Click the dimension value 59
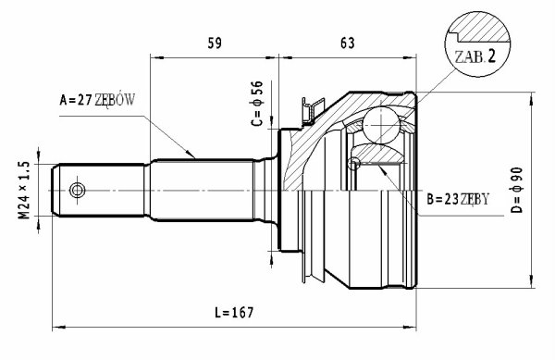point(215,43)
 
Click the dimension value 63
point(347,43)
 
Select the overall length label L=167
point(234,312)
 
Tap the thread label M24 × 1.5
point(24,190)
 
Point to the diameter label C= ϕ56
point(257,104)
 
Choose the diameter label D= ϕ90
point(516,190)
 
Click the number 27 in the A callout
point(85,100)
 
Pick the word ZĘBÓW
point(115,100)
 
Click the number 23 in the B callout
point(451,200)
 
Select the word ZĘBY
point(475,199)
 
